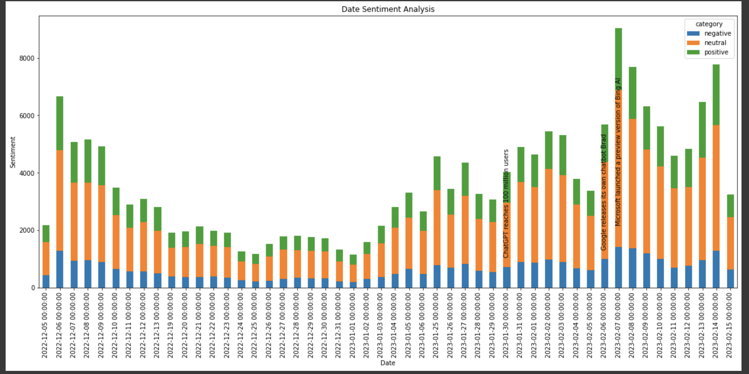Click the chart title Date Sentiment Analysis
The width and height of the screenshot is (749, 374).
click(x=388, y=9)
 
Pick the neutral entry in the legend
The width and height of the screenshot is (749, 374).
click(x=715, y=43)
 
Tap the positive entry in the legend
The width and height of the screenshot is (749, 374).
click(x=716, y=52)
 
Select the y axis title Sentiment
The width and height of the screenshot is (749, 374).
click(x=13, y=152)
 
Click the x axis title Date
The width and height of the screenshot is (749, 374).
click(x=388, y=363)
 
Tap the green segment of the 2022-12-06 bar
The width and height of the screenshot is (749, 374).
click(x=60, y=123)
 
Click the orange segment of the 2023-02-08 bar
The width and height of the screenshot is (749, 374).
click(x=632, y=184)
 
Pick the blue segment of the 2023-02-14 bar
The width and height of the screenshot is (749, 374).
click(x=716, y=269)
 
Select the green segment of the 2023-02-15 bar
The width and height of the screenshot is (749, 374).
click(x=730, y=206)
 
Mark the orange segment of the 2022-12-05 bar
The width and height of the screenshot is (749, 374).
click(x=46, y=258)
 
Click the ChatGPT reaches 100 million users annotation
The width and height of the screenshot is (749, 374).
click(x=506, y=203)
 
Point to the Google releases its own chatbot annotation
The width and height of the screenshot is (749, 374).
click(x=604, y=192)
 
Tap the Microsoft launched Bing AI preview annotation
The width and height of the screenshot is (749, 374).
click(x=618, y=152)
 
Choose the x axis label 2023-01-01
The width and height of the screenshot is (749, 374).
click(x=352, y=325)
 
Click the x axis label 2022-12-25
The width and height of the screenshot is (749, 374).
click(x=255, y=325)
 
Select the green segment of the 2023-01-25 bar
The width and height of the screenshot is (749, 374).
click(x=437, y=173)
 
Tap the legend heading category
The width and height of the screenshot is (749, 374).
click(x=709, y=24)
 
